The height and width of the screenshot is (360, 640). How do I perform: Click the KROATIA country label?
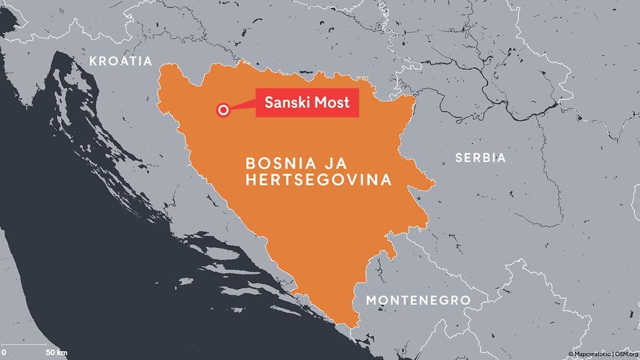click(x=121, y=61)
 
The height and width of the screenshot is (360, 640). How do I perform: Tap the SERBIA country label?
click(x=481, y=158)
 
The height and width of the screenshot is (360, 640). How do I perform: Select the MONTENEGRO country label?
click(x=418, y=301)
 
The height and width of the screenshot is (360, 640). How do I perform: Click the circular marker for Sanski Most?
click(x=222, y=110)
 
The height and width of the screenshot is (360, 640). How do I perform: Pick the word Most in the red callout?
click(x=333, y=102)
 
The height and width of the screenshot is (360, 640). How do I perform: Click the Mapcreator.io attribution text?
click(x=593, y=354)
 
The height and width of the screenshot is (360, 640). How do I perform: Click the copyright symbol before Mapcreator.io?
click(x=571, y=354)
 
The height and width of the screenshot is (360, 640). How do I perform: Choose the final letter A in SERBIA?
click(x=501, y=158)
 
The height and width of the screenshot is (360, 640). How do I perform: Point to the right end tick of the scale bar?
click(x=46, y=344)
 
